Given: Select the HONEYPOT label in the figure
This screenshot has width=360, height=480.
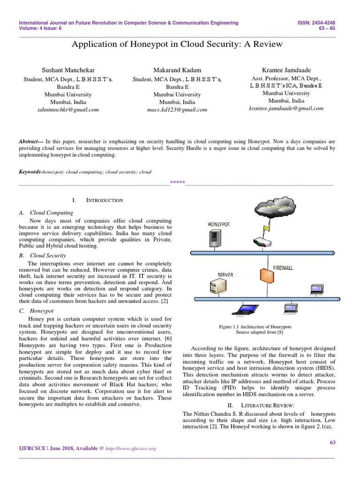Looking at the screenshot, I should click(219, 225).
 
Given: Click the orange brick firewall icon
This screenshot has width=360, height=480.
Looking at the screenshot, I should click(265, 277).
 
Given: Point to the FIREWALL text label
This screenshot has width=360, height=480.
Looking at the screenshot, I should click(283, 268).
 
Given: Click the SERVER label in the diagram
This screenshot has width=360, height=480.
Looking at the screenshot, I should click(225, 274).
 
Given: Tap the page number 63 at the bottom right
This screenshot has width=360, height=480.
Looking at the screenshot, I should click(333, 442).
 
